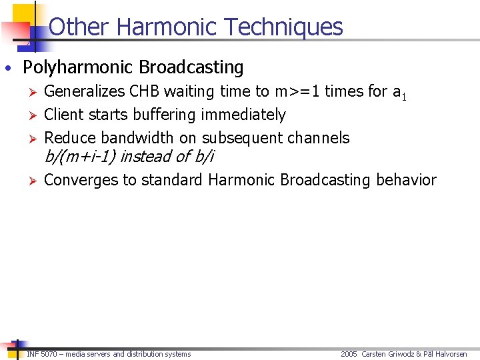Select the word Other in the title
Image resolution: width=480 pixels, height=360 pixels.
79,27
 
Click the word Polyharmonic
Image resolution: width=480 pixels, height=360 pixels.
78,68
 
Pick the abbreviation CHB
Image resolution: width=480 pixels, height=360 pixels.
145,91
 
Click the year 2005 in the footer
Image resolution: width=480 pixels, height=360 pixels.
349,354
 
